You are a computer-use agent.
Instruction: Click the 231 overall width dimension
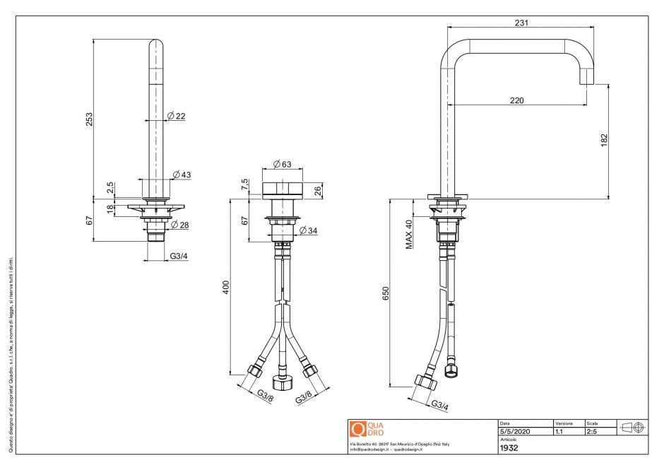pos(521,23)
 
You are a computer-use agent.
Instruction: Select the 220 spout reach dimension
pos(517,100)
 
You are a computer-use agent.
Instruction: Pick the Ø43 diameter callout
pos(182,175)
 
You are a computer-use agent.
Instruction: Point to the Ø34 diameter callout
pos(309,230)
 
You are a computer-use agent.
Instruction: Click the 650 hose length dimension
pos(386,294)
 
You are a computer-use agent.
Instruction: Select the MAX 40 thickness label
pos(408,234)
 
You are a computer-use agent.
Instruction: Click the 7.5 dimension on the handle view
pos(244,185)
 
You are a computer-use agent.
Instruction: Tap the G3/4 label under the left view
pos(179,256)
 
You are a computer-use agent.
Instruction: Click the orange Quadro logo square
pos(357,428)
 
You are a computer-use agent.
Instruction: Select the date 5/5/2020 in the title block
pos(514,430)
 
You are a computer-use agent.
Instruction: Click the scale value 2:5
pos(593,430)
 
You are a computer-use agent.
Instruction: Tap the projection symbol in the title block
pos(631,427)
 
